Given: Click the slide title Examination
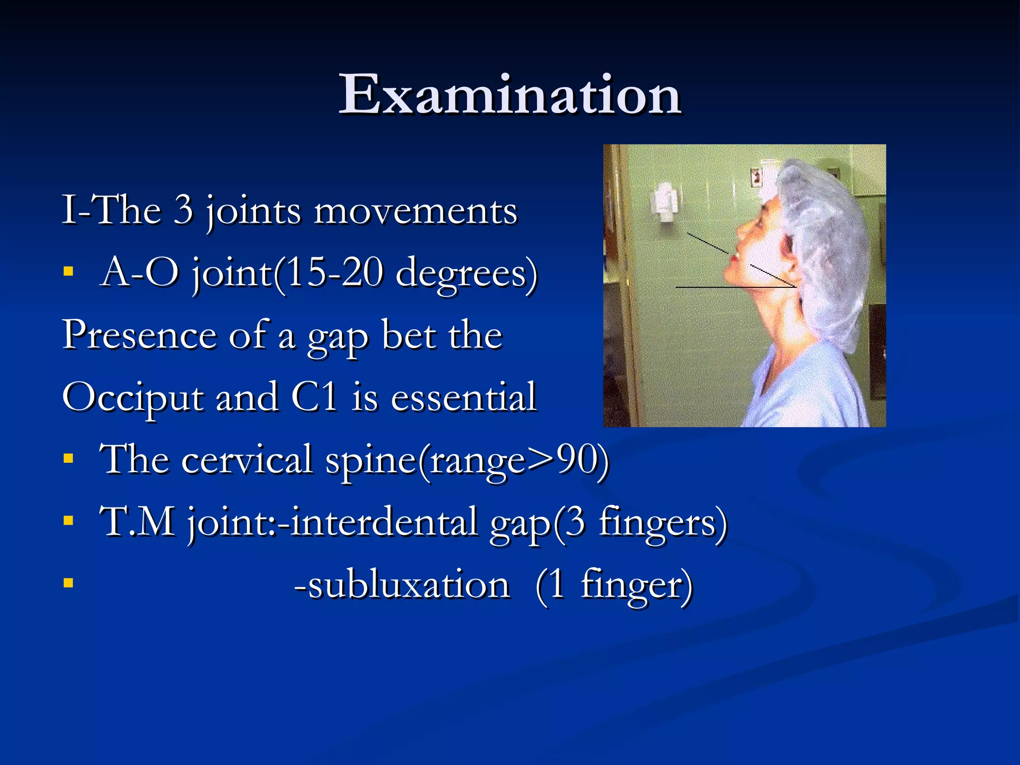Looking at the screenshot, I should (510, 95).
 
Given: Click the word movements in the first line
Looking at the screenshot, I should (416, 211).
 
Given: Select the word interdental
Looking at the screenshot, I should (383, 522).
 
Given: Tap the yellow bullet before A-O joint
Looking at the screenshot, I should (69, 272).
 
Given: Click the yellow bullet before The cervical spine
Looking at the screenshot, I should (69, 458).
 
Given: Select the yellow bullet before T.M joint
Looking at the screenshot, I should (69, 521).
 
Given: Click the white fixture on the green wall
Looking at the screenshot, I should (663, 201).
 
